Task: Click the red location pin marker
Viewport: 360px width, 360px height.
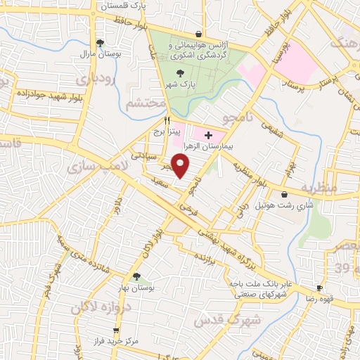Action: pyautogui.click(x=181, y=165)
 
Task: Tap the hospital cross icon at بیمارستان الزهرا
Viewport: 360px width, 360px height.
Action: pyautogui.click(x=207, y=134)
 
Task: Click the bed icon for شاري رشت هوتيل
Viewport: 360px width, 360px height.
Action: pyautogui.click(x=284, y=194)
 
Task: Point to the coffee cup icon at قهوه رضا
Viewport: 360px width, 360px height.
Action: pyautogui.click(x=319, y=288)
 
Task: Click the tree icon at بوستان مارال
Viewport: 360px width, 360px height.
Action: pyautogui.click(x=101, y=42)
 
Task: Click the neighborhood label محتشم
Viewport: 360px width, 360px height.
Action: pyautogui.click(x=145, y=103)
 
